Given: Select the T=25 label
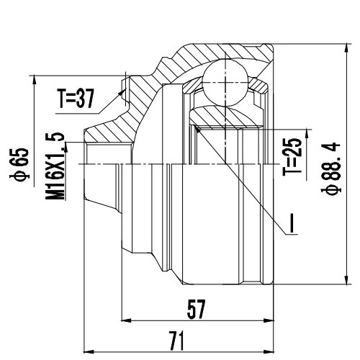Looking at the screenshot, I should coord(291,157).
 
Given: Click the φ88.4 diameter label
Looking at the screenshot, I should coord(332,166).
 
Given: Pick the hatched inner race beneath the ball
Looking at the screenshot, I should coord(222,114).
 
